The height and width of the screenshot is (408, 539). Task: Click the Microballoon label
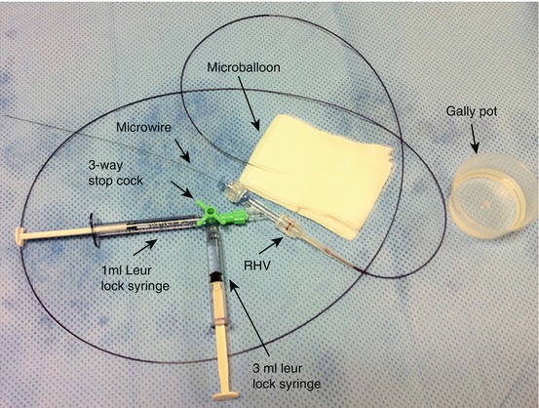pos(244,67)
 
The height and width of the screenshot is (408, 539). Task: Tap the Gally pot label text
pos(472,111)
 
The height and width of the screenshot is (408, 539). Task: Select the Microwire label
pos(143,128)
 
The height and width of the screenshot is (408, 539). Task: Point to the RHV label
pos(256,265)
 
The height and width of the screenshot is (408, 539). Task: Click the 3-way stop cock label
pos(115,173)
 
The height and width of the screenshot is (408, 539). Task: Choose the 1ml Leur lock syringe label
pos(135,278)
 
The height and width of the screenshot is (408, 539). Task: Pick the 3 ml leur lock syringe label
pos(287,376)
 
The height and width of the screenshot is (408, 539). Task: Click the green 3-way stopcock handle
pos(208,211)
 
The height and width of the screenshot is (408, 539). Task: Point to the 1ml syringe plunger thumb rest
pos(20,236)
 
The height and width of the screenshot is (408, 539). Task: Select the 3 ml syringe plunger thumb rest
pos(225,395)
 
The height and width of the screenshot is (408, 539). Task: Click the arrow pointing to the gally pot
pos(474,139)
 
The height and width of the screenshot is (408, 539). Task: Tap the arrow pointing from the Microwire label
pos(182,151)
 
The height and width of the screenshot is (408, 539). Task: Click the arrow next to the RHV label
pos(271,245)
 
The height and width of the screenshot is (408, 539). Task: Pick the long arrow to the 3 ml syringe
pos(250,318)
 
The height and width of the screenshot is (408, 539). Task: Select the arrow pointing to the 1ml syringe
pos(145,248)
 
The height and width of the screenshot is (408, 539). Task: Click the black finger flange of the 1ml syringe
pos(94,229)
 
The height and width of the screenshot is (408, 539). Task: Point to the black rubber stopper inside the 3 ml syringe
pos(216,276)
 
